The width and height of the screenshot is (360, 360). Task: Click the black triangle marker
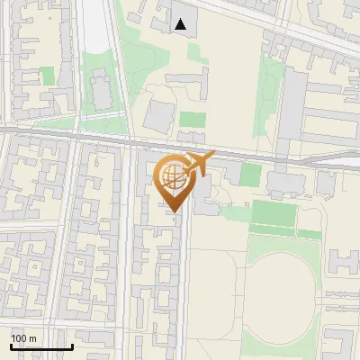[x=182, y=24]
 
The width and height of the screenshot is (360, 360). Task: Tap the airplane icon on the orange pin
[x=199, y=163]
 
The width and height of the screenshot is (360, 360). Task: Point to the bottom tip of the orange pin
[x=172, y=212]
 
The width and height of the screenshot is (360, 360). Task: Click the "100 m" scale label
[x=23, y=338]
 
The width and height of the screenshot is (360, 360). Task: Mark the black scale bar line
[x=41, y=347]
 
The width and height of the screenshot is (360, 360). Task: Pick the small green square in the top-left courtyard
[x=48, y=76]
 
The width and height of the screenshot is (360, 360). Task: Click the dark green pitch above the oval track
[x=273, y=213]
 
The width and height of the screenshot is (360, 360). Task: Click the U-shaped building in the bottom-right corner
[x=340, y=344]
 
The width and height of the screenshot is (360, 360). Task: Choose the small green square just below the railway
[x=250, y=174]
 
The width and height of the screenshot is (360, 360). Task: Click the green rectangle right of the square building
[x=192, y=119]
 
